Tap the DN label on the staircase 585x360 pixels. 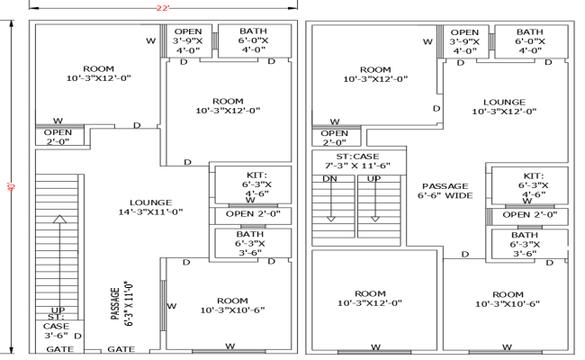tap(329, 179)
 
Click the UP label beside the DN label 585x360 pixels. tap(373, 179)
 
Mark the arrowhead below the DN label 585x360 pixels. tap(329, 217)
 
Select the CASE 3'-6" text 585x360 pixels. tap(56, 330)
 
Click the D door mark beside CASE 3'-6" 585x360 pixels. tap(78, 336)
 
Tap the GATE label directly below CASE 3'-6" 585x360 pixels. tap(60, 348)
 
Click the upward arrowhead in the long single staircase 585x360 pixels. tap(60, 218)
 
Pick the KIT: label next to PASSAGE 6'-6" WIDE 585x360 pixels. tap(534, 175)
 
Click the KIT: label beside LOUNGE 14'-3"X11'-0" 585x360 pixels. tap(256, 175)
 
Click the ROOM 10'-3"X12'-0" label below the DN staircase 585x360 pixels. tap(370, 299)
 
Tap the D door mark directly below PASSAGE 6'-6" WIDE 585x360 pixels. tap(465, 255)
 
